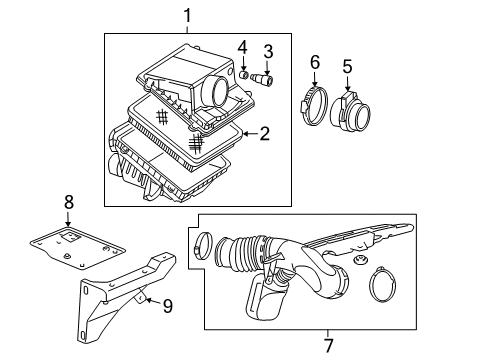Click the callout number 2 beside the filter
click(264, 132)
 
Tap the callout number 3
click(268, 52)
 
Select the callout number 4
click(242, 47)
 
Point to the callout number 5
click(347, 68)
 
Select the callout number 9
click(167, 306)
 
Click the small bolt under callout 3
click(267, 76)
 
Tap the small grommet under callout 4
click(243, 74)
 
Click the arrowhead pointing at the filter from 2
click(243, 132)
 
